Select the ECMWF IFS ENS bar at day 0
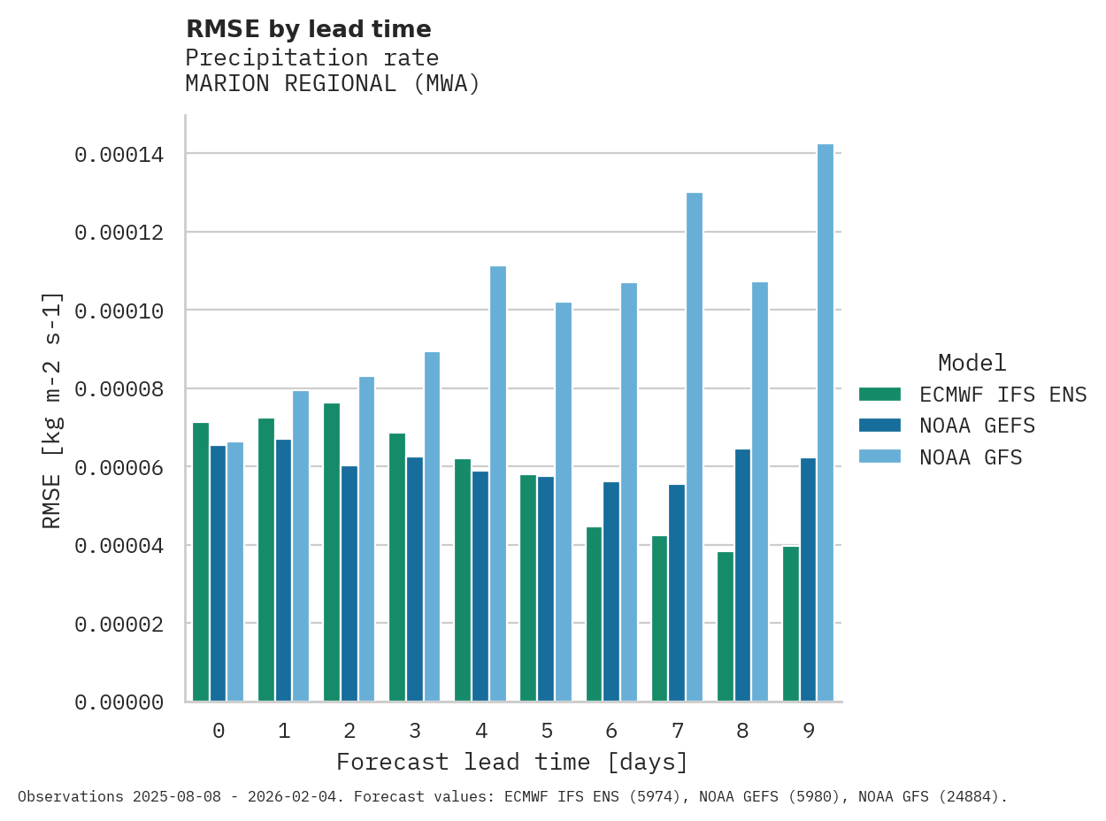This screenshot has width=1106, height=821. coord(201,562)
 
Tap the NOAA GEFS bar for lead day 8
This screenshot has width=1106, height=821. coord(742,575)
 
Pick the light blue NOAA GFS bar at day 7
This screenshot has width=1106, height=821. coord(695,447)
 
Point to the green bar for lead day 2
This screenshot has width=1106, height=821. coord(332,552)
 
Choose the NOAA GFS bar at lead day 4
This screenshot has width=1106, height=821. coord(498,484)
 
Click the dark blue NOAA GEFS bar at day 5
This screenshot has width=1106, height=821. coord(546,589)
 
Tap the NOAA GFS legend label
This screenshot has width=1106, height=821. coord(971,457)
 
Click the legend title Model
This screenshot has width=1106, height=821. coord(972,363)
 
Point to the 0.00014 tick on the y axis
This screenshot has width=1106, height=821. coord(119,155)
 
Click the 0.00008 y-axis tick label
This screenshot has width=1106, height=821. coord(119,389)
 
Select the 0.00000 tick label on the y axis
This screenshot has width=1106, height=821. coord(119,702)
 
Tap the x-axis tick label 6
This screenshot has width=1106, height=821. coord(611,731)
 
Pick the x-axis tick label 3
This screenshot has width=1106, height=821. coord(415,731)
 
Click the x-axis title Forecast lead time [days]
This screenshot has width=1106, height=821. coord(511,762)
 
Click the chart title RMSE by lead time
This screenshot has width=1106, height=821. coord(308,29)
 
